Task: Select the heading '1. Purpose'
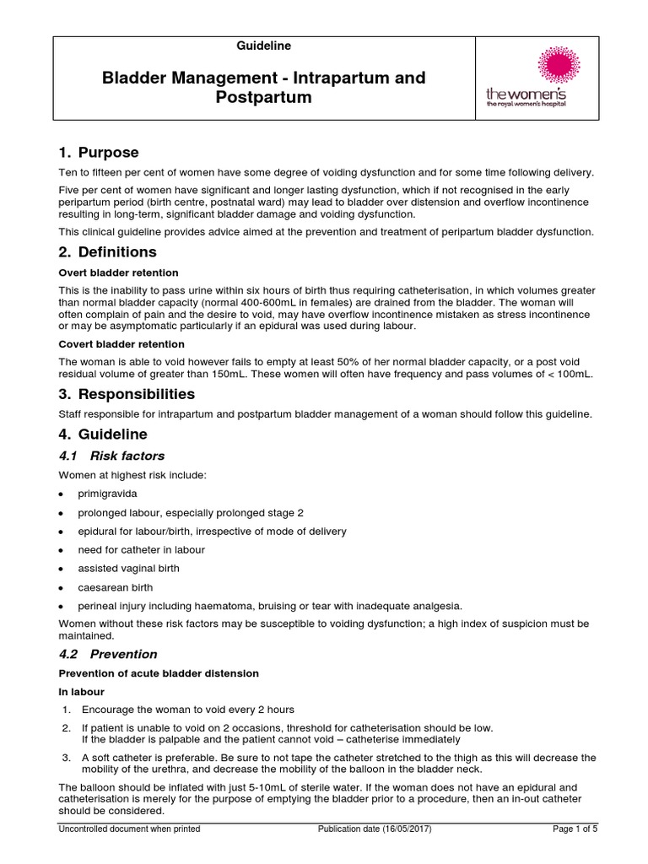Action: click(98, 153)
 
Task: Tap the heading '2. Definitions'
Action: click(107, 252)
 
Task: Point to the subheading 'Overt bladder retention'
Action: click(118, 273)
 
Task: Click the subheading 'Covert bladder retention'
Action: click(121, 344)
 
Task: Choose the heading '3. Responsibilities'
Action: click(127, 394)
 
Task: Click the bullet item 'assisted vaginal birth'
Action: click(130, 569)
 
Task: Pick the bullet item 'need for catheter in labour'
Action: click(143, 550)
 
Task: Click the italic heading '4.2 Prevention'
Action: click(108, 654)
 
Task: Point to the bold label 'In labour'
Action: click(81, 691)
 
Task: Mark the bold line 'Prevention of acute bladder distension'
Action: click(158, 672)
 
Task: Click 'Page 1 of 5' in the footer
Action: click(575, 829)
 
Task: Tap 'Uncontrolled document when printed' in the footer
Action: click(129, 829)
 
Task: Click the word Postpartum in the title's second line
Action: click(263, 98)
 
